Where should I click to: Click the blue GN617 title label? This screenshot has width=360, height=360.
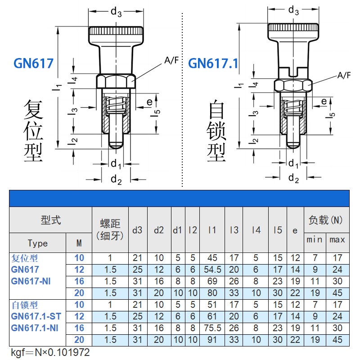coord(33,63)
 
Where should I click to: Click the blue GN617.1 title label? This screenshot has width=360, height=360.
coord(213,63)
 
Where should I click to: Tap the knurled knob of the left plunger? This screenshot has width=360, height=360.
coord(117,34)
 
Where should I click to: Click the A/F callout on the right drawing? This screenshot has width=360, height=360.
coord(344,75)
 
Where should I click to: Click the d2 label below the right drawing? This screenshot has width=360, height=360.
coord(293,178)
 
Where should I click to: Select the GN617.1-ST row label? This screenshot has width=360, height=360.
coord(36,316)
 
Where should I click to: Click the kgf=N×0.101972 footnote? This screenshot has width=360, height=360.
coord(50,351)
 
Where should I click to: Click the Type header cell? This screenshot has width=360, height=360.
coord(37,243)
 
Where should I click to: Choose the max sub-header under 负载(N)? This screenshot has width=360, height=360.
coord(337,239)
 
